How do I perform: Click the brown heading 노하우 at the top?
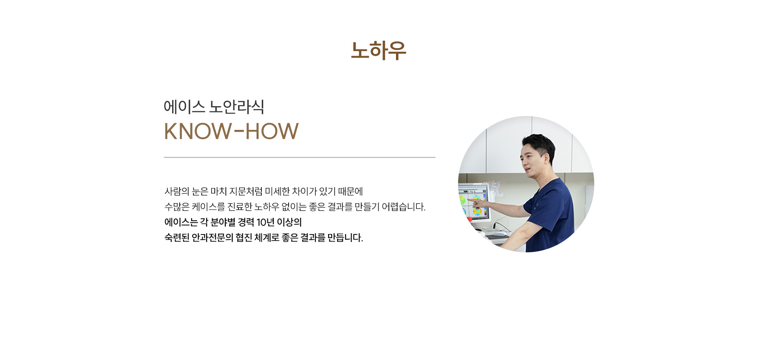378,51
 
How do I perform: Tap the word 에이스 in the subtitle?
184,107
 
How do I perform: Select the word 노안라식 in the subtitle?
236,107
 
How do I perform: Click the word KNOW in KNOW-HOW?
198,131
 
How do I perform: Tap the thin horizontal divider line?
299,157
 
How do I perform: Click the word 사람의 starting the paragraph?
177,191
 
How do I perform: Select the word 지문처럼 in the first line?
246,191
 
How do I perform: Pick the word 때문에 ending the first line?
351,191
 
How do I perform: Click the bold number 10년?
265,223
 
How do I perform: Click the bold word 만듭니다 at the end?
345,238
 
